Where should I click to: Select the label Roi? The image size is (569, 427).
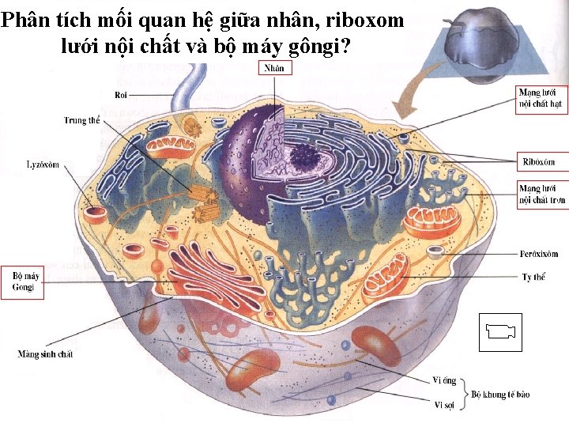coord(121,95)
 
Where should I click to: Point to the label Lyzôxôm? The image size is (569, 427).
coord(43,164)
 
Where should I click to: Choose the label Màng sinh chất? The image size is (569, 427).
coord(46,354)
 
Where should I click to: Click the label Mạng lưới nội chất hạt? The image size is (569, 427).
coord(541,97)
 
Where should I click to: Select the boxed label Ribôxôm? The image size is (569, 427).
coord(539,162)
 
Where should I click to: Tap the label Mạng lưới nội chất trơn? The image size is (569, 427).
coord(541,195)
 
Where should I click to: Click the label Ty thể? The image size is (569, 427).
coord(533,277)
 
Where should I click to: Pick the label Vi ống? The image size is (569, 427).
coord(444,381)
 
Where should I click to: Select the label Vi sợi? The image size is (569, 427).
coord(443,406)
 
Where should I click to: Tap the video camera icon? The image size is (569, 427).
coord(501,331)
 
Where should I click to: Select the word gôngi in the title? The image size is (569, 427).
coord(310,46)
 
